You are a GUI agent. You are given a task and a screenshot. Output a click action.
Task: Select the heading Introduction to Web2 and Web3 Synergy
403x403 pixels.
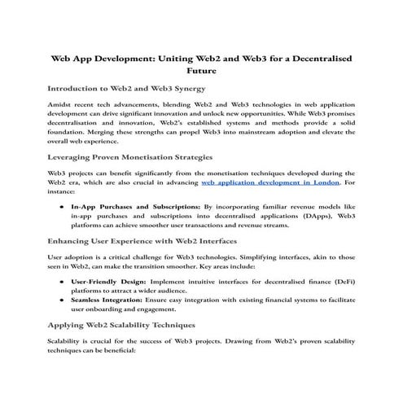click(130, 87)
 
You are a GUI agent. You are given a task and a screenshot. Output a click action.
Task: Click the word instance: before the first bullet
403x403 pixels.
click(64, 195)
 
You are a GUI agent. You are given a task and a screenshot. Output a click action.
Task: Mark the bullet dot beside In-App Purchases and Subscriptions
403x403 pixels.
click(62, 208)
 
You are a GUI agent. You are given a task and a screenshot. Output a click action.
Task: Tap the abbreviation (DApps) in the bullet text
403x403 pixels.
click(317, 218)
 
